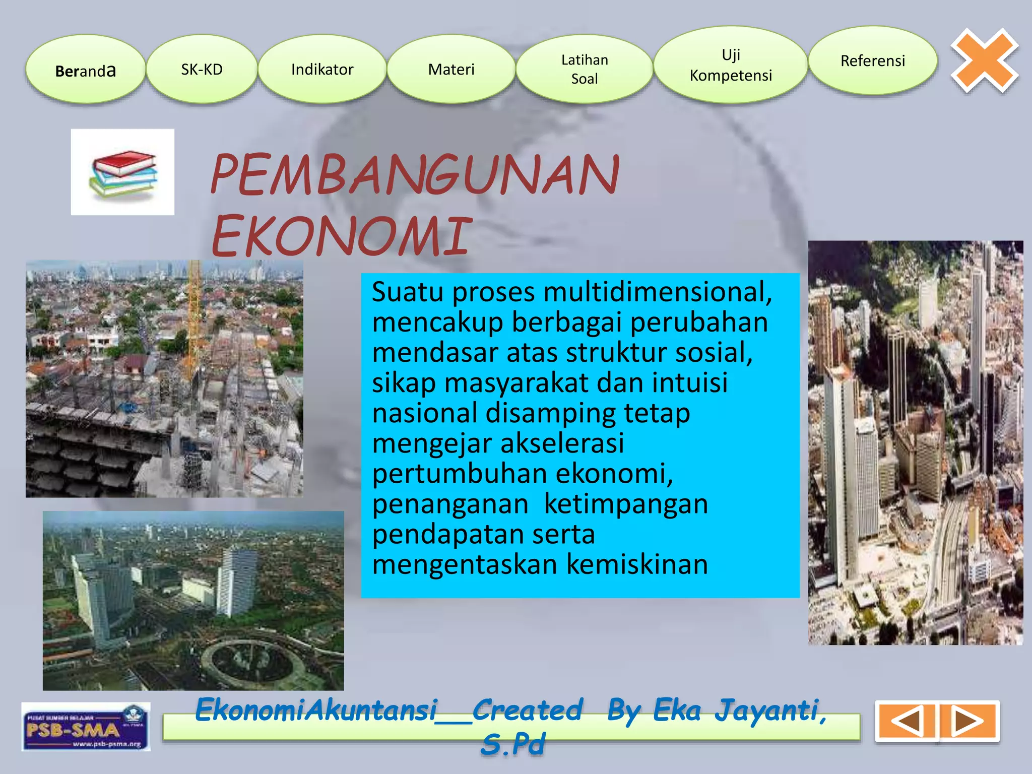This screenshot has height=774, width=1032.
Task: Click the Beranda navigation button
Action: pyautogui.click(x=86, y=70)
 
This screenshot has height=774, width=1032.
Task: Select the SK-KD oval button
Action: pyautogui.click(x=202, y=70)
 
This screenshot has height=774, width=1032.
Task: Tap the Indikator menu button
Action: pyautogui.click(x=322, y=70)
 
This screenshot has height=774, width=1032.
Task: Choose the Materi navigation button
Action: pyautogui.click(x=451, y=70)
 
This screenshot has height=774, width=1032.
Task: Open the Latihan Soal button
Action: pyautogui.click(x=585, y=70)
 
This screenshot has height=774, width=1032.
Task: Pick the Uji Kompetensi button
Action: pyautogui.click(x=731, y=65)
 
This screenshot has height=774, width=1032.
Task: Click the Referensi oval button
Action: pyautogui.click(x=873, y=61)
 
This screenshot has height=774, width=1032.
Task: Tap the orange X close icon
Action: pyautogui.click(x=985, y=60)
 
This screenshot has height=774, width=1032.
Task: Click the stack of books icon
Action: pyautogui.click(x=123, y=172)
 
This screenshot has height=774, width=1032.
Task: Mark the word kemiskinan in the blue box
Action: pyautogui.click(x=637, y=564)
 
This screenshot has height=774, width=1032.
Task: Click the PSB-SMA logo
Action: pyautogui.click(x=86, y=727)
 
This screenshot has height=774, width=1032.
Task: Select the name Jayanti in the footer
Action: pyautogui.click(x=771, y=711)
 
